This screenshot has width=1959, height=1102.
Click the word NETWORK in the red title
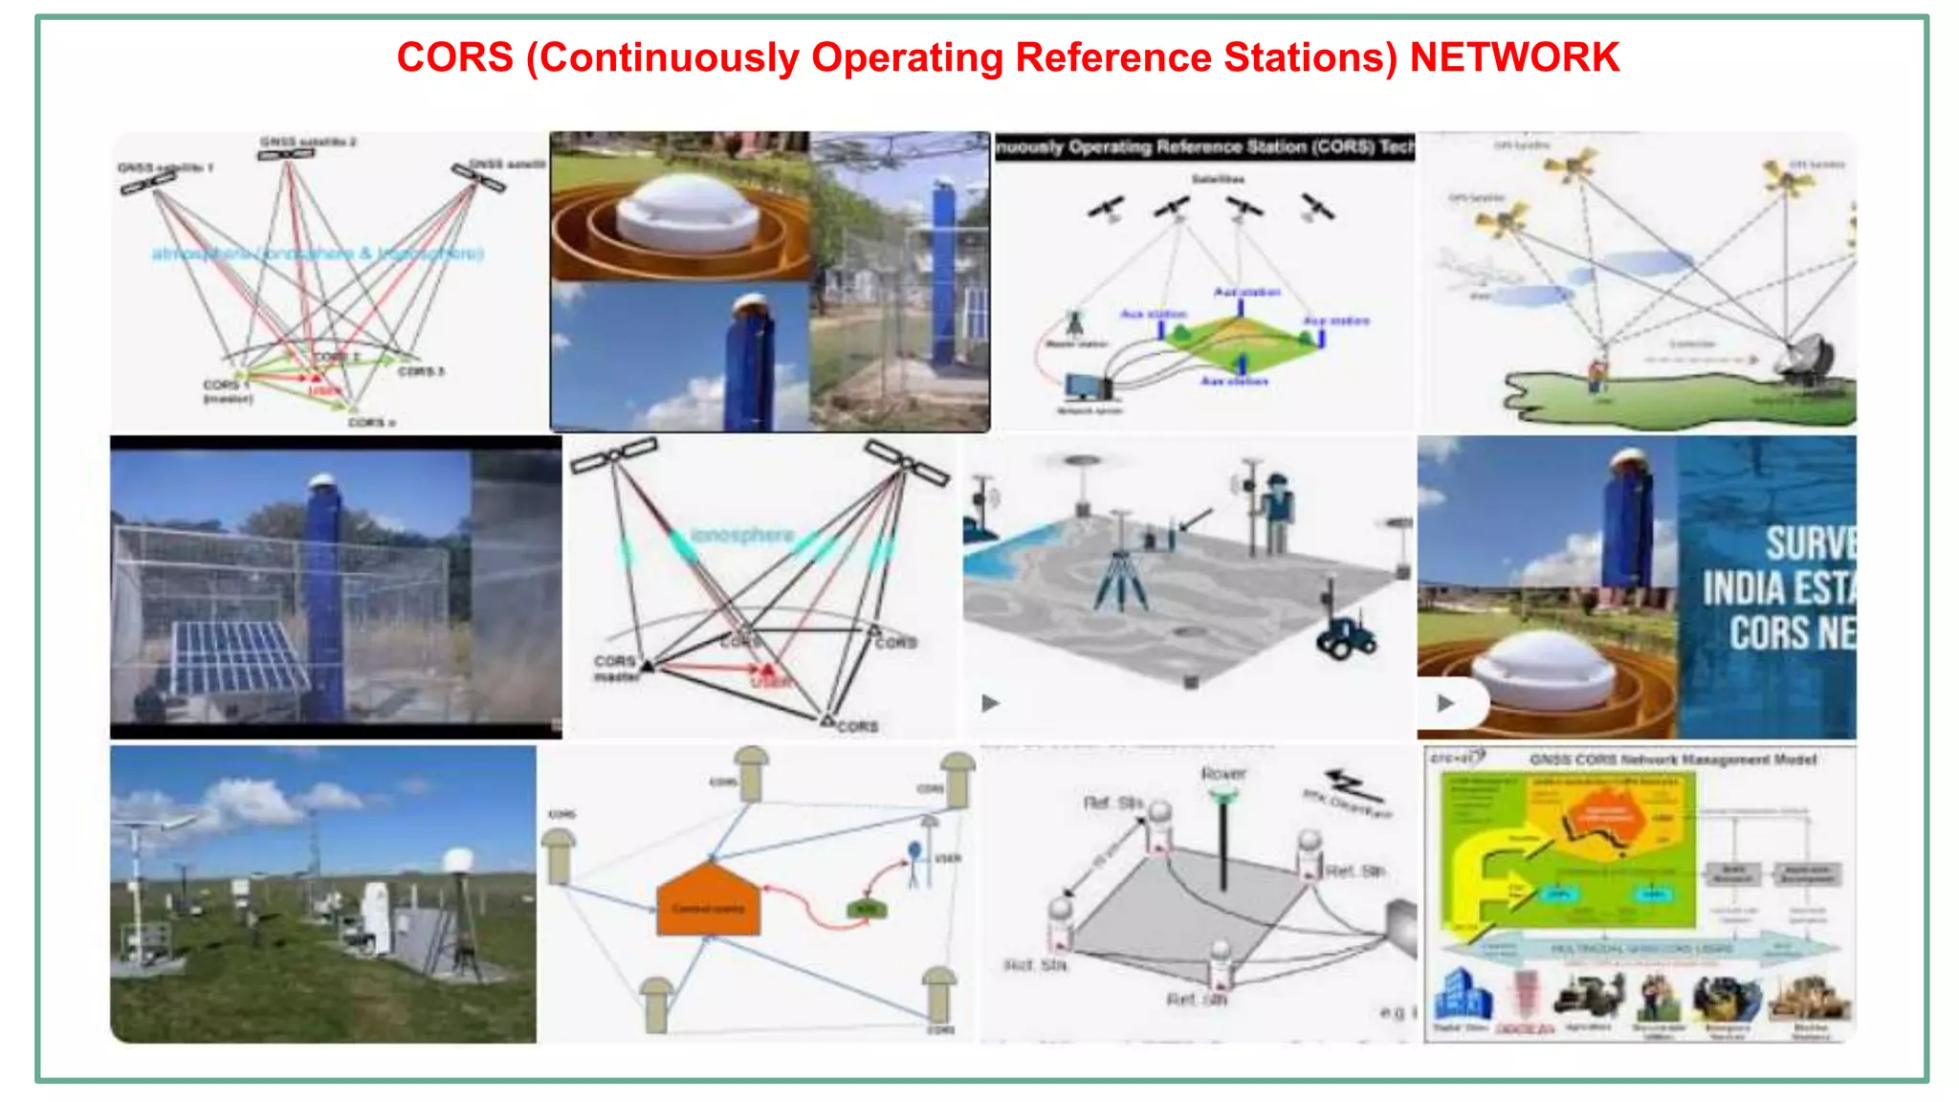1514,57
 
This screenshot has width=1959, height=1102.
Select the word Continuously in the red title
669,57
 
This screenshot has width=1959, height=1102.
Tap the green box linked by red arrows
865,908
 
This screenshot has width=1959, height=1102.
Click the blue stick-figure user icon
914,861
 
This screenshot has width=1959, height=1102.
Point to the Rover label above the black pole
1223,773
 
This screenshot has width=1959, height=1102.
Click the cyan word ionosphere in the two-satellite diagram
742,535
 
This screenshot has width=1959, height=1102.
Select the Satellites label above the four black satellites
1218,179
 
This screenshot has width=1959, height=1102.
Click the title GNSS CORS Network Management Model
1672,760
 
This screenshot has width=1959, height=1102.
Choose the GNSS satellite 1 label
165,167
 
